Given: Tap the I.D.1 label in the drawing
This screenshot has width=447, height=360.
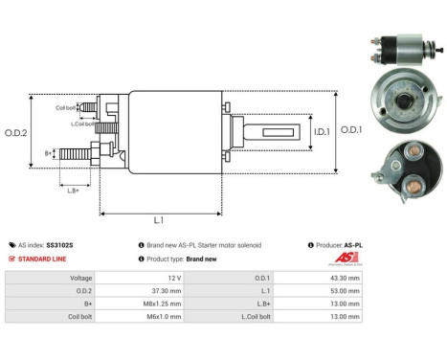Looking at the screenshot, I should (x=322, y=130).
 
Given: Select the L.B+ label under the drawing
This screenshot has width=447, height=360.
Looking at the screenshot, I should (x=73, y=190).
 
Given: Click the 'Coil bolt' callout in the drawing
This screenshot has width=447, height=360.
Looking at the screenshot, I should (x=67, y=107).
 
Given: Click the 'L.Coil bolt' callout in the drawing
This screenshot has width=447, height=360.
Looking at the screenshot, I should (x=81, y=124).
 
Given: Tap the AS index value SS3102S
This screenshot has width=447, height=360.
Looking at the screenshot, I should (x=59, y=245).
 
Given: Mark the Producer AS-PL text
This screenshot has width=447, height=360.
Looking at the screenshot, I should (x=338, y=245).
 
